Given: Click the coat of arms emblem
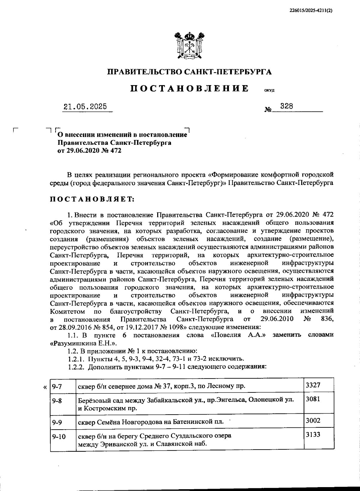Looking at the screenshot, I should pos(190,45).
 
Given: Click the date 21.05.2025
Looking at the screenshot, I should pos(85,107).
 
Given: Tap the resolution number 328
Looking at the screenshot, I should pos(286,106).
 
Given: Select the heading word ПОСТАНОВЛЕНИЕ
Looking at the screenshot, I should pos(190,89).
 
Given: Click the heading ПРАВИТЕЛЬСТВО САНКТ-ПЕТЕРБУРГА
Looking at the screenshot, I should pos(190,72).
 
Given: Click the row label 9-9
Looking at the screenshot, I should pos(57,422).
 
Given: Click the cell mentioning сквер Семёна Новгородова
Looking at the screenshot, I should pos(151,422).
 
